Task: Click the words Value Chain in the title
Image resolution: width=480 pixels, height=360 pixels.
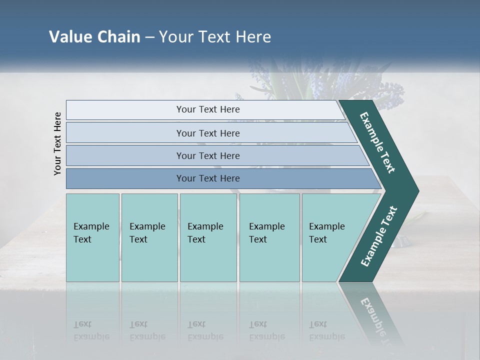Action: [94, 37]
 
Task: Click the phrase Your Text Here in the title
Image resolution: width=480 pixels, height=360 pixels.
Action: [215, 37]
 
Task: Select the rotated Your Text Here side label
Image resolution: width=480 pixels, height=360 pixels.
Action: [57, 143]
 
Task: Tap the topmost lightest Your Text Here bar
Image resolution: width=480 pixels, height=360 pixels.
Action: [208, 109]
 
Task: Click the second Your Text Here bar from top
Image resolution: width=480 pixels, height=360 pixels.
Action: [208, 133]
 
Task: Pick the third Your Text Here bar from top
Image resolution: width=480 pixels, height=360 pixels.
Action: [208, 155]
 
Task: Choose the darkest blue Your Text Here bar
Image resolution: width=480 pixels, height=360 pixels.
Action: [208, 178]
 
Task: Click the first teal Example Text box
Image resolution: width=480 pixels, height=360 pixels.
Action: [92, 237]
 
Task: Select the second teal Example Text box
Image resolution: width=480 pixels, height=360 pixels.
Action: [149, 237]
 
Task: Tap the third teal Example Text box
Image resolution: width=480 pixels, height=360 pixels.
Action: [208, 237]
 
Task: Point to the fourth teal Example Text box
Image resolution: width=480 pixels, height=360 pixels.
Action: [269, 237]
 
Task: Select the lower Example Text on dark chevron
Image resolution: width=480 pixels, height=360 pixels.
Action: [379, 236]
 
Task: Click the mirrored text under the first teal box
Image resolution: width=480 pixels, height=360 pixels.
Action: [91, 330]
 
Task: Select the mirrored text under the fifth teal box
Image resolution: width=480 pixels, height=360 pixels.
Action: [327, 330]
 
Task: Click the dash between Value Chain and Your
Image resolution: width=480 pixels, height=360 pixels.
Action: [149, 37]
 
